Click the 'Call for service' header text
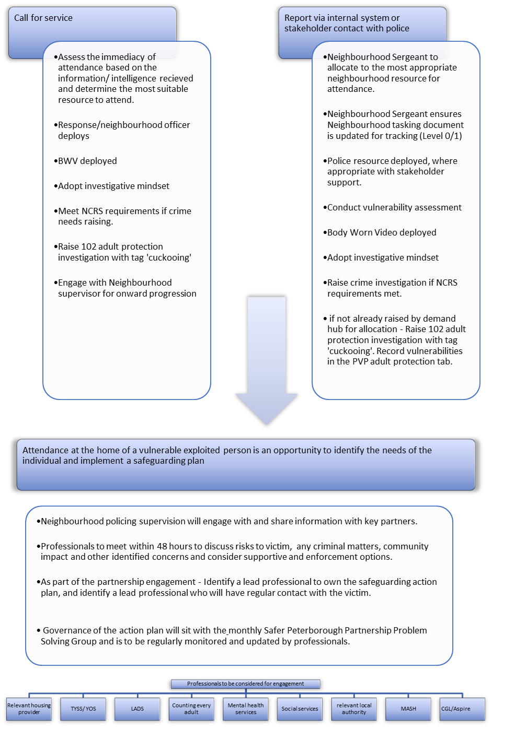43,18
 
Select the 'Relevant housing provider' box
29,709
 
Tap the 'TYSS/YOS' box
83,709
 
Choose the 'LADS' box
138,709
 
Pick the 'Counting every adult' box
191,709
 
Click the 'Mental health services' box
246,709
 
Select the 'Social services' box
300,709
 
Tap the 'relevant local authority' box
354,709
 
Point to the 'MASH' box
408,709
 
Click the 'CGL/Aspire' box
462,709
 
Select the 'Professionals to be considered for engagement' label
246,684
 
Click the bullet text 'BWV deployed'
87,161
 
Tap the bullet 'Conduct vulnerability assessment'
394,207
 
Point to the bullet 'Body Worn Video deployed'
382,232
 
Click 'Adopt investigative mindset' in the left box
113,186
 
